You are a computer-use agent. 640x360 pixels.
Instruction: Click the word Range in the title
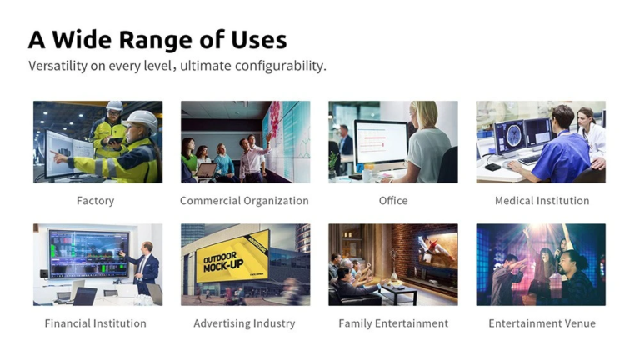point(156,41)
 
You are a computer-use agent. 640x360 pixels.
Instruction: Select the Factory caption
point(96,201)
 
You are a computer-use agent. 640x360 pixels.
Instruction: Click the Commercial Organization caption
point(244,201)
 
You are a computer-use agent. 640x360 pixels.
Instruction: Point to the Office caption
point(393,201)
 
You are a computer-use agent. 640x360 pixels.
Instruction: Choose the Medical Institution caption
point(542,201)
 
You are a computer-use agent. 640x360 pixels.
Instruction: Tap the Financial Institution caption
point(96,323)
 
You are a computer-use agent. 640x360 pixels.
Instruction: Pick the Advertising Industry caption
point(244,323)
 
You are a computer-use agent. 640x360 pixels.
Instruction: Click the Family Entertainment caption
point(393,323)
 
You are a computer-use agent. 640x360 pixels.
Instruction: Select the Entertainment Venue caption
point(542,323)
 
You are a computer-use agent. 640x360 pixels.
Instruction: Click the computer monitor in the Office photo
point(381,142)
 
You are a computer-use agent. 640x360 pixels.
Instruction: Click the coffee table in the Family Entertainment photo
point(398,292)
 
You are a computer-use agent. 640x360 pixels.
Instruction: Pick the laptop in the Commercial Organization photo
point(206,171)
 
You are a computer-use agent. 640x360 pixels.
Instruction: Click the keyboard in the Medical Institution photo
point(530,159)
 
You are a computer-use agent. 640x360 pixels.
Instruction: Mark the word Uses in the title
point(259,41)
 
